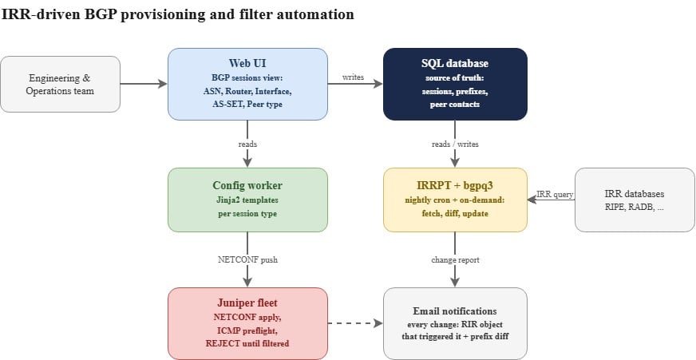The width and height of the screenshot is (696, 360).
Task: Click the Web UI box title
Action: tap(247, 64)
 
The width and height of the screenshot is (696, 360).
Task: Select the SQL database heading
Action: tap(455, 64)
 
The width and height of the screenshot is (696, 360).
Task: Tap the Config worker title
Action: tap(247, 185)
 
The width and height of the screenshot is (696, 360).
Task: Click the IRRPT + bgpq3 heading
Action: tap(455, 185)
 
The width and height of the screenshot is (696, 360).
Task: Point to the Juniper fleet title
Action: tap(247, 303)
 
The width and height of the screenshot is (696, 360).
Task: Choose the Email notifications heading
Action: tap(455, 311)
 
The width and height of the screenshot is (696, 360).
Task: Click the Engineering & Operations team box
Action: tap(60, 84)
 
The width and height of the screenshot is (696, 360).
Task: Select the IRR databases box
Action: tap(635, 200)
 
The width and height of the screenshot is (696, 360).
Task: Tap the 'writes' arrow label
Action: tap(353, 77)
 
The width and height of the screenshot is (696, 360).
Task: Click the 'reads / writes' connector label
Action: tap(455, 144)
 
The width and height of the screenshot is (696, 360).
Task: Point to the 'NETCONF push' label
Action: tap(247, 259)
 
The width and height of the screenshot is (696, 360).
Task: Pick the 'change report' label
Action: tap(455, 259)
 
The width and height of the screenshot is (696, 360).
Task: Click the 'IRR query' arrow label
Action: tap(555, 194)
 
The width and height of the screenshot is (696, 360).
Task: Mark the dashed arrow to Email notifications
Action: tap(355, 323)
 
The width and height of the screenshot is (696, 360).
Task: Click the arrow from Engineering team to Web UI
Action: tap(144, 84)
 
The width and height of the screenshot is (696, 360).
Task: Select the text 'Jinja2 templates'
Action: tap(247, 200)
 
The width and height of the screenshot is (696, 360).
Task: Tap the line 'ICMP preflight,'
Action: tap(247, 330)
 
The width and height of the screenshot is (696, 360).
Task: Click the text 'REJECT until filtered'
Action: tap(247, 343)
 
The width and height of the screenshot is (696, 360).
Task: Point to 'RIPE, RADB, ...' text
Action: tap(635, 207)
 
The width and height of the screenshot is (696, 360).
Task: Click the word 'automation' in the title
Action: tap(315, 14)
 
